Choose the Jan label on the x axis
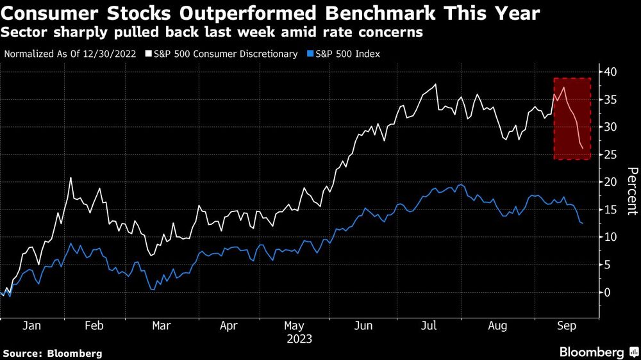32,325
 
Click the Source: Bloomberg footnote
52,353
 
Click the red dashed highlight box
572,119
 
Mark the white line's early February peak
71,178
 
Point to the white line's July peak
436,85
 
